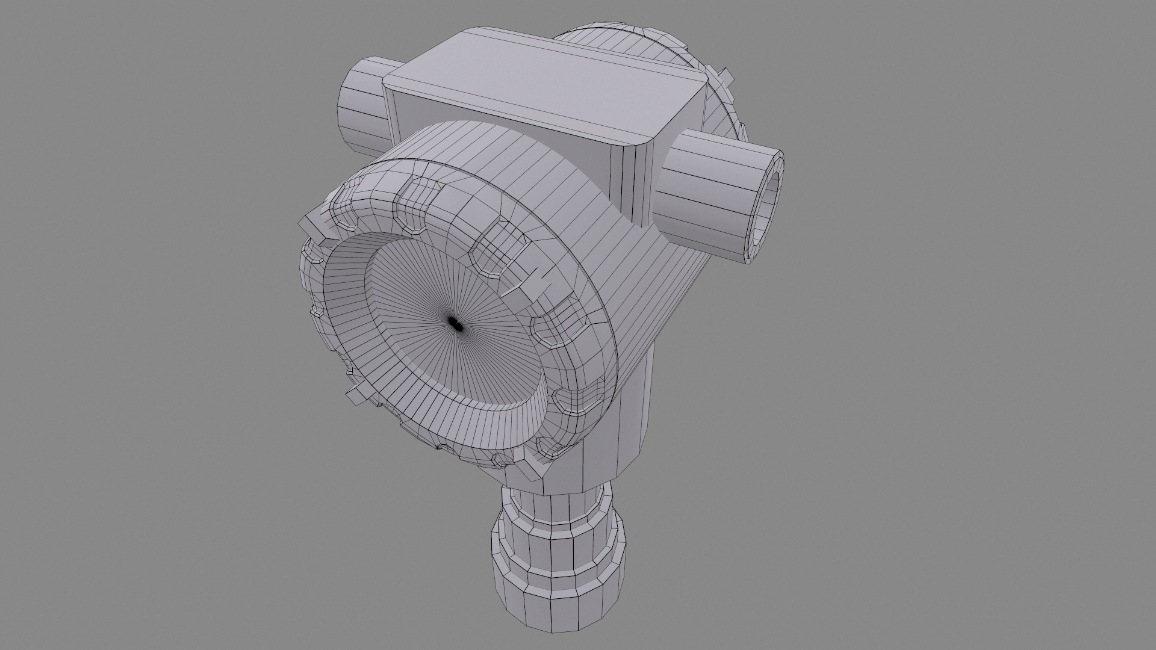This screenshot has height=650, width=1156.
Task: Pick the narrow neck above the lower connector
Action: point(557,506)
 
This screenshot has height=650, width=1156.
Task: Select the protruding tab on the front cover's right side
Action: point(524,283)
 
